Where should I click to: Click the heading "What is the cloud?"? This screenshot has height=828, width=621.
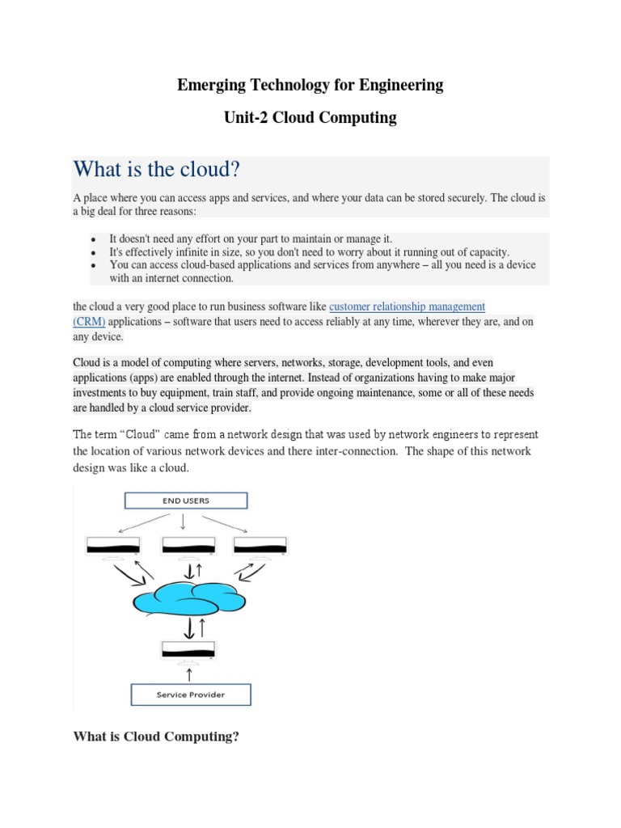pyautogui.click(x=157, y=171)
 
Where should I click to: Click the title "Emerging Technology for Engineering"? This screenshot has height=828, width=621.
pyautogui.click(x=310, y=85)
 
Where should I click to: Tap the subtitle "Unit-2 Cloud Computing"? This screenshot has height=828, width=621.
pyautogui.click(x=310, y=118)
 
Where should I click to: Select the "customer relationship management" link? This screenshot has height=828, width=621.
pyautogui.click(x=408, y=307)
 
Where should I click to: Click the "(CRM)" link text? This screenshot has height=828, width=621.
pyautogui.click(x=89, y=322)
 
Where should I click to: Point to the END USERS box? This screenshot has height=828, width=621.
pyautogui.click(x=185, y=501)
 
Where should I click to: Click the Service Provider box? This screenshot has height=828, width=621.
pyautogui.click(x=191, y=695)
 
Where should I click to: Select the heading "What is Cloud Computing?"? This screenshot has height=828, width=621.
pyautogui.click(x=157, y=736)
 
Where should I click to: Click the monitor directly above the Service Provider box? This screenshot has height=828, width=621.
pyautogui.click(x=188, y=649)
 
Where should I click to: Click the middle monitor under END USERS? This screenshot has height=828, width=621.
pyautogui.click(x=188, y=547)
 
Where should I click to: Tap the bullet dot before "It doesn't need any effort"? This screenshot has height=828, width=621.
pyautogui.click(x=95, y=240)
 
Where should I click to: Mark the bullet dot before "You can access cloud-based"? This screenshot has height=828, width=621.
pyautogui.click(x=95, y=266)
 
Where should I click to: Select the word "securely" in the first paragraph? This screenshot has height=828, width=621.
pyautogui.click(x=460, y=197)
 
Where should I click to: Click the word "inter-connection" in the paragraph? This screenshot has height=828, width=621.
pyautogui.click(x=357, y=451)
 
